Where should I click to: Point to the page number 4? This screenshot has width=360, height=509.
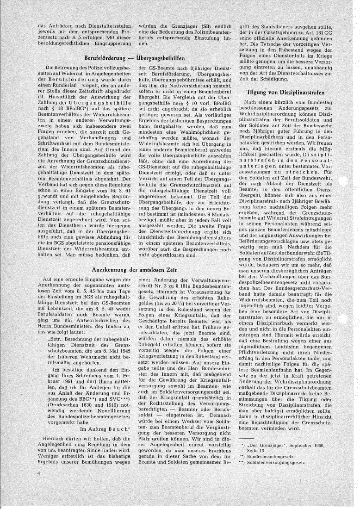pos(40,473)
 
